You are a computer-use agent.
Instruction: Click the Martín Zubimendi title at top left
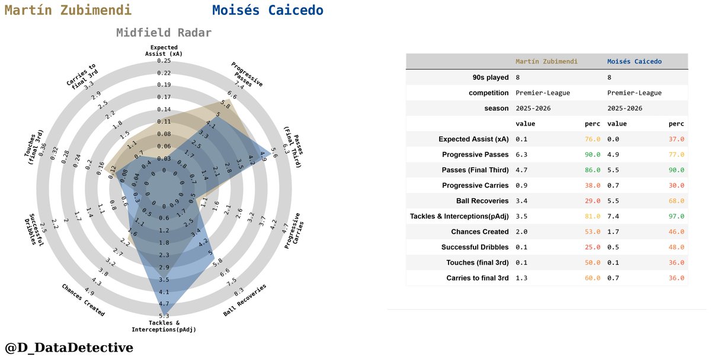pos(68,11)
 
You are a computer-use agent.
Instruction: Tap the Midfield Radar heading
pos(164,33)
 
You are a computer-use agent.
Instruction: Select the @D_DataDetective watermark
pos(69,348)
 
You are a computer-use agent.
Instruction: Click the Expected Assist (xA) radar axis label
pos(164,50)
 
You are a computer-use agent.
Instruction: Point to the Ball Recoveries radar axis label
pos(245,300)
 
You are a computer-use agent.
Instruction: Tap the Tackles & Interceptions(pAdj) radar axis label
pos(164,326)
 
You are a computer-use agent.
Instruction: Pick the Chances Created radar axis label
pos(84,300)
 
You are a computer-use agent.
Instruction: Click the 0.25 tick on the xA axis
pos(164,61)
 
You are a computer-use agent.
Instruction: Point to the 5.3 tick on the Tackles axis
pos(164,315)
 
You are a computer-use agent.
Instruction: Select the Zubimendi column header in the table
pos(546,61)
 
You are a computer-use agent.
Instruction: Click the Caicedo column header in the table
pos(635,61)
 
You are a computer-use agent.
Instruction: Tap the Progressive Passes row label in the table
pos(475,155)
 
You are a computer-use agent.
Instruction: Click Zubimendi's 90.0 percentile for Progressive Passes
pos(592,155)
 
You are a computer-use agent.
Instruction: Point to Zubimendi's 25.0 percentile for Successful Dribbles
pos(592,247)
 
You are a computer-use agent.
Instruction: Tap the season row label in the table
pos(497,108)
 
